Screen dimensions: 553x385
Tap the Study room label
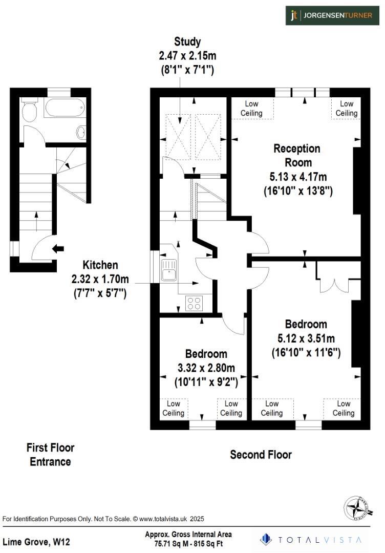pyautogui.click(x=187, y=41)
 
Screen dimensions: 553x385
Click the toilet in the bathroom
pyautogui.click(x=30, y=111)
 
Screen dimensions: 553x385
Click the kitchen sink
pyautogui.click(x=168, y=269)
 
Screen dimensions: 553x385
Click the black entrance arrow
pyautogui.click(x=58, y=249)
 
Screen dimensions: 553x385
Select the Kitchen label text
pyautogui.click(x=100, y=265)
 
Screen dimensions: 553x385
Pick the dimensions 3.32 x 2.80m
pyautogui.click(x=206, y=368)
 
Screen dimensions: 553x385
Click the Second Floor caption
pyautogui.click(x=261, y=454)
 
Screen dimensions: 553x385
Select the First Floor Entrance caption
pyautogui.click(x=50, y=455)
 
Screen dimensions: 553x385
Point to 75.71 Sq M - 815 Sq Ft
pyautogui.click(x=188, y=544)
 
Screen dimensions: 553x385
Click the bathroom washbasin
pyautogui.click(x=81, y=133)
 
